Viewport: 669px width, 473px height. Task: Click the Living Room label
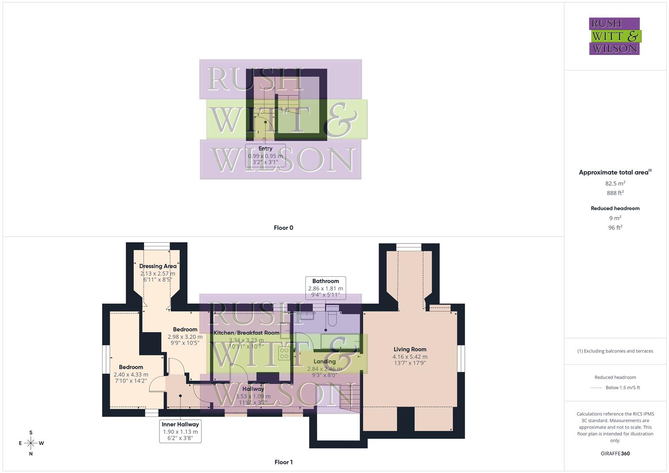click(410, 349)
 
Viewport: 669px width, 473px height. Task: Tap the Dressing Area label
click(158, 266)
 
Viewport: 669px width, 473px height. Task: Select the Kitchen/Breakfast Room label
click(246, 333)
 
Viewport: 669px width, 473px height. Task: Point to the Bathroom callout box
click(326, 288)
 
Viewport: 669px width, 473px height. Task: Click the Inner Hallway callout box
click(180, 431)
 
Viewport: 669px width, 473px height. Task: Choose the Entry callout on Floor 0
click(265, 155)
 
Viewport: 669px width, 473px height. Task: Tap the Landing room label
click(325, 361)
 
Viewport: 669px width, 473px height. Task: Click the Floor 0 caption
click(283, 228)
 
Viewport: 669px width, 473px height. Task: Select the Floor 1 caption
click(283, 462)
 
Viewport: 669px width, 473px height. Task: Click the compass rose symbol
click(31, 443)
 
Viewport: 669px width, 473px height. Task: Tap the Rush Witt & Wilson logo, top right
click(615, 36)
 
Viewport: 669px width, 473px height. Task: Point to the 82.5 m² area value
click(615, 184)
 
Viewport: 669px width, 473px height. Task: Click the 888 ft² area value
click(615, 193)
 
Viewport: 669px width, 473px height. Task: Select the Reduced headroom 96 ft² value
click(615, 228)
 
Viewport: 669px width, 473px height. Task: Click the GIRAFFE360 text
click(615, 454)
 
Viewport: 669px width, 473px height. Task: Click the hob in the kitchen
click(284, 353)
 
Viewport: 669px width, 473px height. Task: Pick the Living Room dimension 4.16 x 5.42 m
click(410, 357)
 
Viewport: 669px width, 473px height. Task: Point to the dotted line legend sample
click(596, 388)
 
